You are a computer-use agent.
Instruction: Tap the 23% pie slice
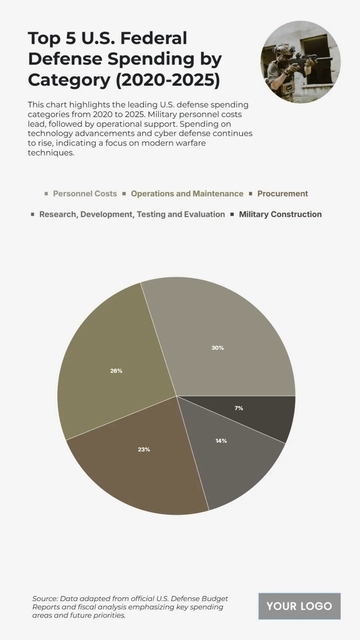tap(140, 455)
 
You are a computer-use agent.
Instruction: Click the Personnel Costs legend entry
tap(85, 193)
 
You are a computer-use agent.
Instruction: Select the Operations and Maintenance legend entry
tap(187, 193)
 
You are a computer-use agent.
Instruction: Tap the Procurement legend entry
tap(283, 193)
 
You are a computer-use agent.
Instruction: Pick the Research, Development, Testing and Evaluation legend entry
tap(132, 214)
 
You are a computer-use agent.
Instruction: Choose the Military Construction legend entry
tap(280, 214)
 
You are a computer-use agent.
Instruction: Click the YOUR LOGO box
tap(299, 606)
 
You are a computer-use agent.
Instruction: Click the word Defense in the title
tap(63, 59)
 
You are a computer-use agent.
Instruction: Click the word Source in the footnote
tap(44, 598)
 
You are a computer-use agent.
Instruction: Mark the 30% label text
tap(217, 347)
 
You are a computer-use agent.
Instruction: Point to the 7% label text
tap(238, 408)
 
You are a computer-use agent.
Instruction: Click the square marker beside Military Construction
tap(233, 214)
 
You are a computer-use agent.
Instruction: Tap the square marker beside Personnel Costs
tap(45, 193)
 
